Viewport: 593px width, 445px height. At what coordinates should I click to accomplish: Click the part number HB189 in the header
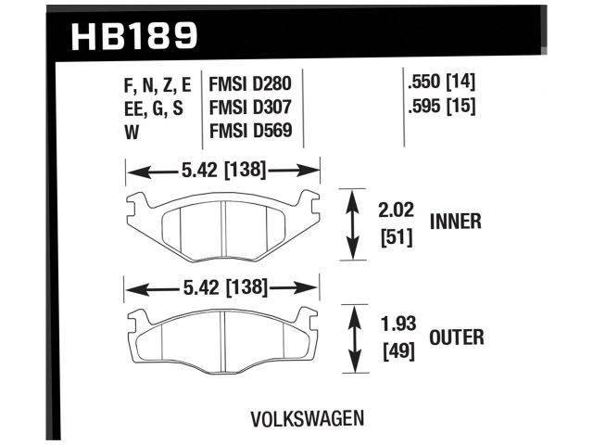134,35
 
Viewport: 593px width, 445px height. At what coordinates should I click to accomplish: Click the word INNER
455,222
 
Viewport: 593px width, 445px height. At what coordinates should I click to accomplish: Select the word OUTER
456,337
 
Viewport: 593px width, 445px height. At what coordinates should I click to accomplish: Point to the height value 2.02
394,210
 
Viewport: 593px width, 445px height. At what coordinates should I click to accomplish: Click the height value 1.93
397,325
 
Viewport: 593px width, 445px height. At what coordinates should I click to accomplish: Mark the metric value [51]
395,237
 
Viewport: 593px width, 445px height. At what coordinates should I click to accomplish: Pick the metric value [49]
397,352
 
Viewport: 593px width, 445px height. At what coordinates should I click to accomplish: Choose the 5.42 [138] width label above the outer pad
222,287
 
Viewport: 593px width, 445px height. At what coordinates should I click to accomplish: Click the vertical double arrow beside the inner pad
352,222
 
